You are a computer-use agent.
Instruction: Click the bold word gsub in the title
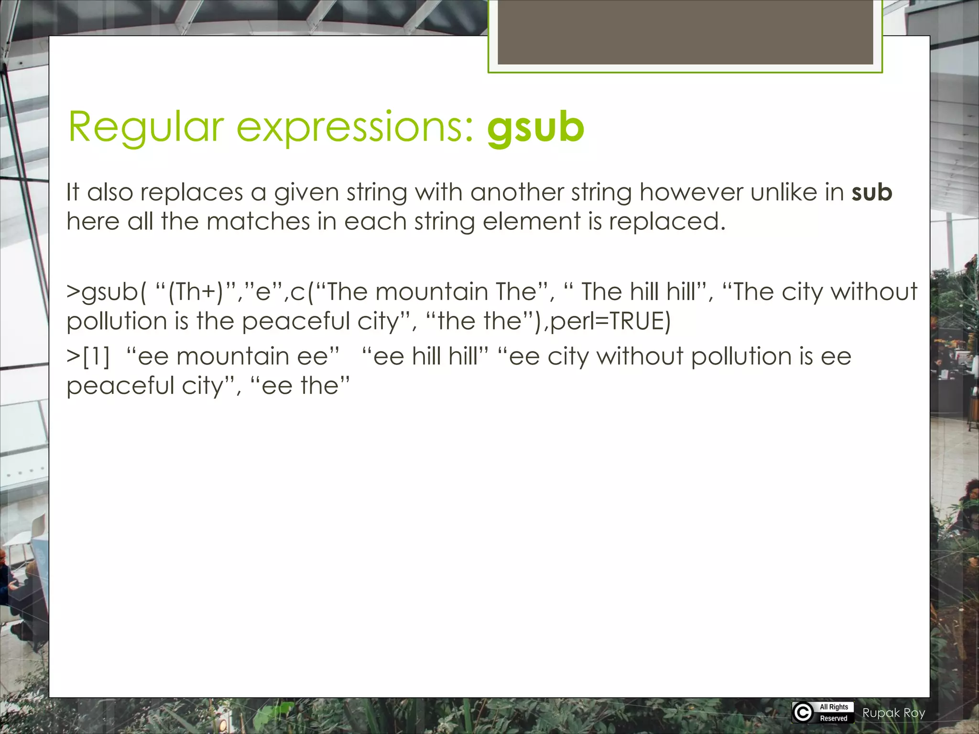(x=535, y=128)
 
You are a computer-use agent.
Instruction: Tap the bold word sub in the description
(x=872, y=192)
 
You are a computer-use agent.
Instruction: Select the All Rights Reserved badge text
(x=834, y=712)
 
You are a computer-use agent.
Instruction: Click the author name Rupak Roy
(x=893, y=713)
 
